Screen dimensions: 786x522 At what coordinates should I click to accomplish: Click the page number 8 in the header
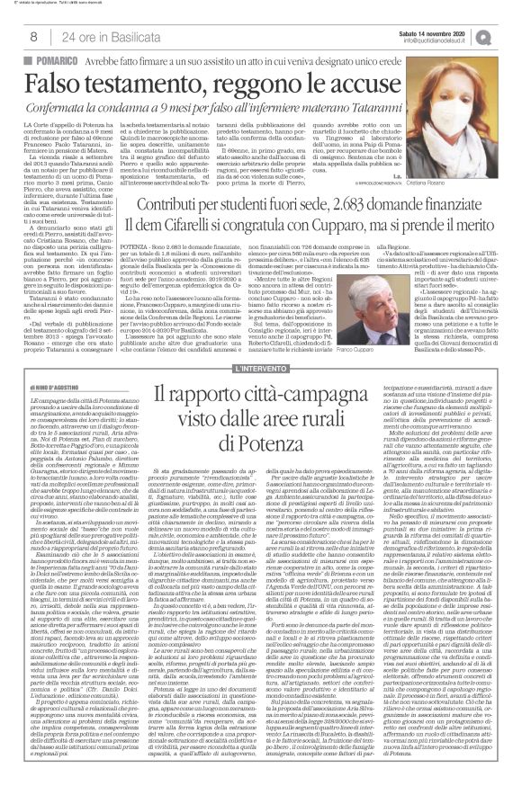[33, 35]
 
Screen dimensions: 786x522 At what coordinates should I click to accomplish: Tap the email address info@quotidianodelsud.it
[438, 39]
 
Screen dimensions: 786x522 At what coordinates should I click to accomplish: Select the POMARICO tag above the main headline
[55, 58]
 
